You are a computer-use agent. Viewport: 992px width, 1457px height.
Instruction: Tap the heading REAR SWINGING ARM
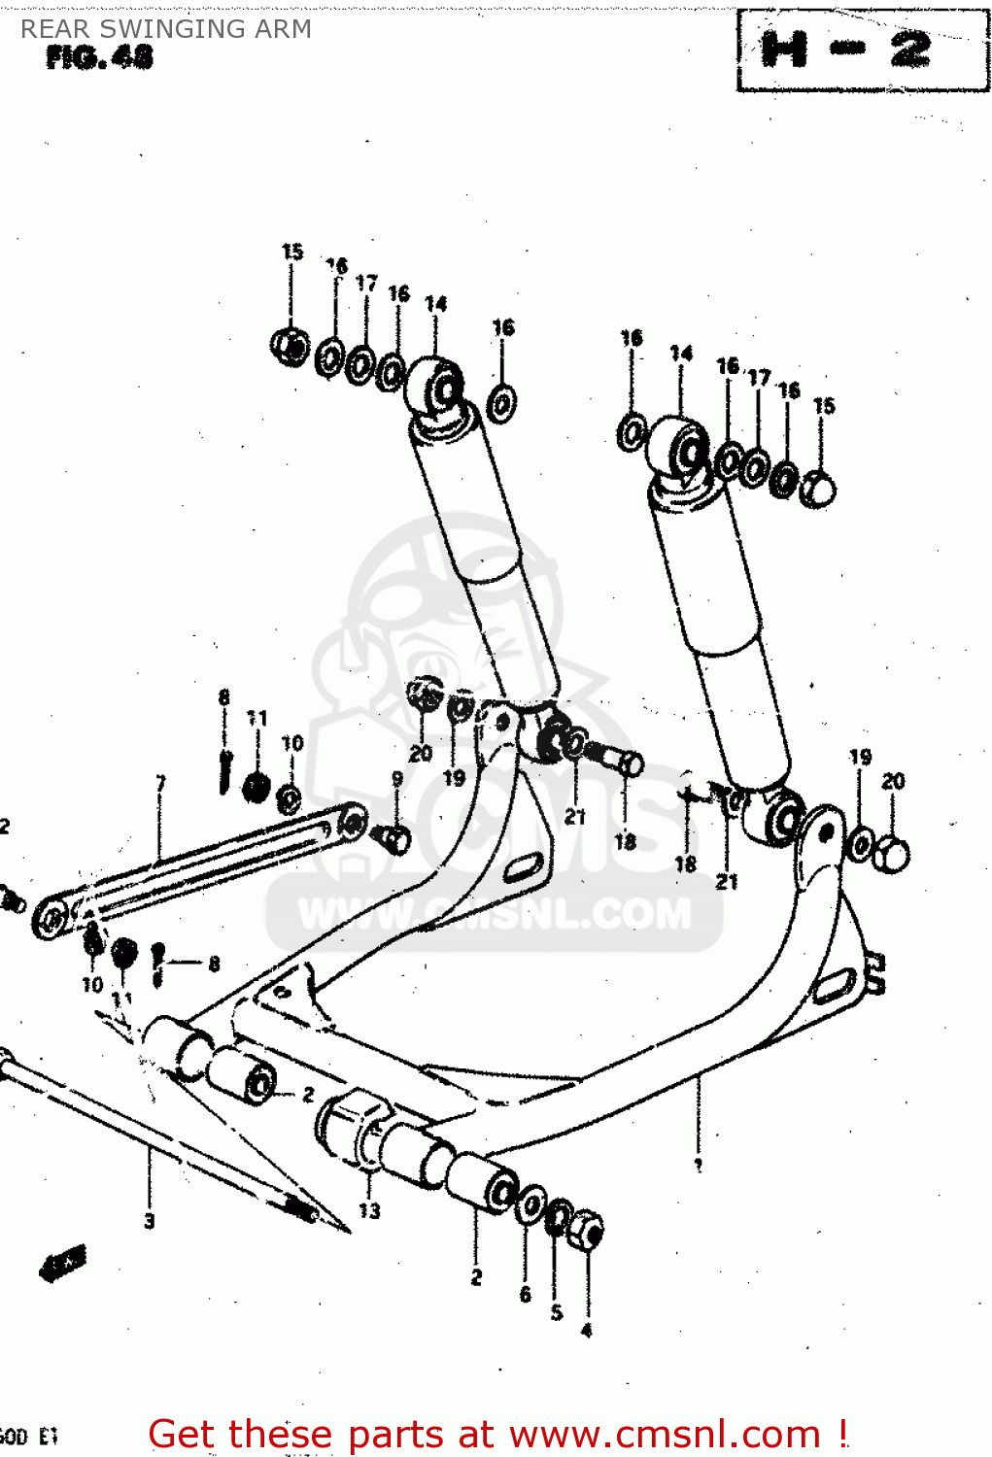[x=166, y=29]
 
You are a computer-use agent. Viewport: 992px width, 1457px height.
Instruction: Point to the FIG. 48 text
[x=99, y=58]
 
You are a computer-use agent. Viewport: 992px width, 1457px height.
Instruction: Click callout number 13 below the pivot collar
[x=369, y=1210]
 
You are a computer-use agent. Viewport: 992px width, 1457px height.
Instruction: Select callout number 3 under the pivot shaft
[x=150, y=1221]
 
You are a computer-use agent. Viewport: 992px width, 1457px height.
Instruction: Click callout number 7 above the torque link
[x=161, y=783]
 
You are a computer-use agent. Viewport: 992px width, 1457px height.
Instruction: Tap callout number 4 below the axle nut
[x=586, y=1330]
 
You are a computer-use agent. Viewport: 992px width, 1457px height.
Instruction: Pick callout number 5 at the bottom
[x=557, y=1312]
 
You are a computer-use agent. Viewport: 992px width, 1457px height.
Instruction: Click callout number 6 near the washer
[x=526, y=1294]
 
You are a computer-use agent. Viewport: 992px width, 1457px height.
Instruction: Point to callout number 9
[x=397, y=778]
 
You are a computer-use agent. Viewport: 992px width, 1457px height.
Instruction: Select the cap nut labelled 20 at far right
[x=892, y=854]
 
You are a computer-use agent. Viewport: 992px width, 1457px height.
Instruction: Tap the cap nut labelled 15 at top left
[x=289, y=346]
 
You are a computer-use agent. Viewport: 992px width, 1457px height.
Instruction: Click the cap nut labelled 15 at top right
[x=818, y=490]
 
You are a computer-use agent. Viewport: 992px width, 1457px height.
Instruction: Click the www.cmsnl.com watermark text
[x=496, y=913]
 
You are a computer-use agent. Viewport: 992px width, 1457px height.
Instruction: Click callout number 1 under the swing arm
[x=699, y=1165]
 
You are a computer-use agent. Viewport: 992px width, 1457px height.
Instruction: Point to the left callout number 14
[x=435, y=304]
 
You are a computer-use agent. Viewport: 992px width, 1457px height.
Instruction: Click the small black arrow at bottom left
[x=64, y=1262]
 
